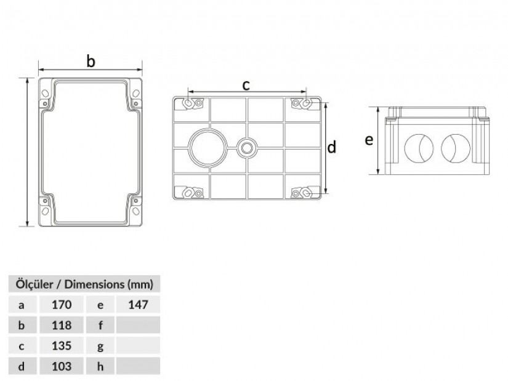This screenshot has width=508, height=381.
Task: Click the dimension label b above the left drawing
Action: [x=91, y=61]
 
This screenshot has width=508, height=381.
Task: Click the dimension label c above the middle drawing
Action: [x=246, y=85]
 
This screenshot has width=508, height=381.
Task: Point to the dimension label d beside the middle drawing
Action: [x=331, y=146]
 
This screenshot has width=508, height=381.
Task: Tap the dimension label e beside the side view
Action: [x=369, y=140]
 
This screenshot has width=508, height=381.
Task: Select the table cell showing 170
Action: [x=62, y=305]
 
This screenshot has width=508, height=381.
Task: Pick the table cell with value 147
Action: [x=138, y=305]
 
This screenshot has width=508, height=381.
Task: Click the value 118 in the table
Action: [x=62, y=325]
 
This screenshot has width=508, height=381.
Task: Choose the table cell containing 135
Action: [x=62, y=346]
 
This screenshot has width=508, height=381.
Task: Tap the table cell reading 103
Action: [x=62, y=366]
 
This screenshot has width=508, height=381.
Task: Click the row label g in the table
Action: [x=100, y=347]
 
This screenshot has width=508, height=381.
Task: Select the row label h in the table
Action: [x=100, y=366]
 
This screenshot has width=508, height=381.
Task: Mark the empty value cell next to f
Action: [x=138, y=325]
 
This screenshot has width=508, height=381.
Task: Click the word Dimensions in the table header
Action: [x=94, y=284]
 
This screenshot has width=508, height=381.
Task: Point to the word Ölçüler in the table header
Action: [x=34, y=284]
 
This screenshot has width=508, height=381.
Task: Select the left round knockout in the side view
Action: [x=419, y=148]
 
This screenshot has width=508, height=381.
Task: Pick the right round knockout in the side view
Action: [x=455, y=148]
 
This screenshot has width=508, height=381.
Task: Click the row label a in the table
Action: [x=22, y=305]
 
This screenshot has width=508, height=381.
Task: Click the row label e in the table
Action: [x=100, y=305]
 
